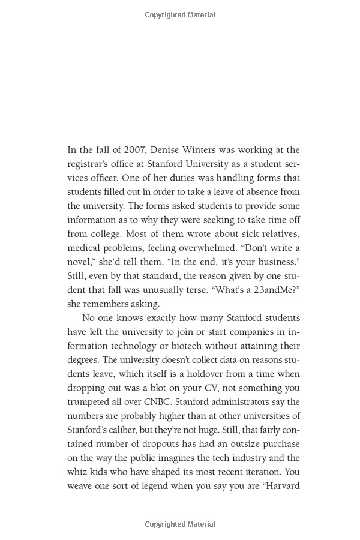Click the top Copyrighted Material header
pos(180,15)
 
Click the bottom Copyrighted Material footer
pos(180,524)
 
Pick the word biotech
pos(176,346)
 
